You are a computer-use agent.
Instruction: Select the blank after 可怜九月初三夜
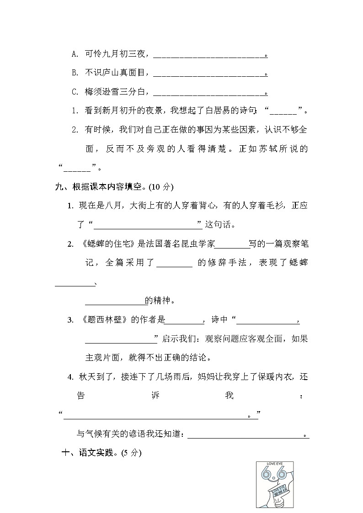coord(209,55)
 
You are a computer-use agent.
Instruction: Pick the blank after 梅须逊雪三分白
coord(209,93)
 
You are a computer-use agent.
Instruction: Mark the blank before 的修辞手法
coord(174,264)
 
